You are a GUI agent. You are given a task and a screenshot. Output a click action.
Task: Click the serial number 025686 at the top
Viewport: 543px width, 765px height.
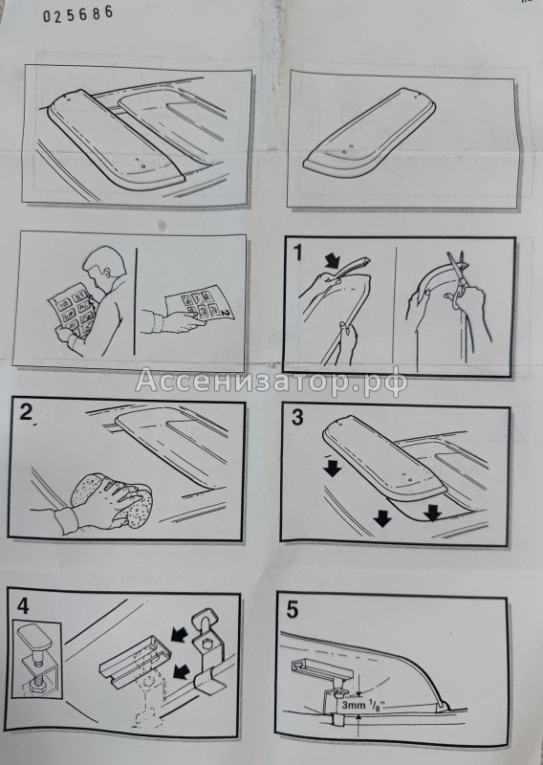tap(78, 13)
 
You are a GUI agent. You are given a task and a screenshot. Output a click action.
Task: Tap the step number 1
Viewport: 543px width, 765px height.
tap(297, 252)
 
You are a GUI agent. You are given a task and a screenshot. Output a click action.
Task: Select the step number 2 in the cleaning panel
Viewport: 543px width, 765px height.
tap(26, 412)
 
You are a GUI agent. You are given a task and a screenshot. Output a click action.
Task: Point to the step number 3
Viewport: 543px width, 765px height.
tap(297, 418)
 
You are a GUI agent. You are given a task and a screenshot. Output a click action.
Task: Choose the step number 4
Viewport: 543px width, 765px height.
tap(23, 606)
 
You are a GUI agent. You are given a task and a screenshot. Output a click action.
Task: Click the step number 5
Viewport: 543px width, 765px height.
tap(292, 610)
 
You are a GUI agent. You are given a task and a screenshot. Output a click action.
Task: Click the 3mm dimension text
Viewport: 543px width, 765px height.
tap(352, 705)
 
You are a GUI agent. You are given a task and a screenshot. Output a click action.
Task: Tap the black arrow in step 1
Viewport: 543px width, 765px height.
tap(335, 260)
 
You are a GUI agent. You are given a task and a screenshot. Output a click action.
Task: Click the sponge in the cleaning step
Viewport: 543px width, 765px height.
tap(111, 498)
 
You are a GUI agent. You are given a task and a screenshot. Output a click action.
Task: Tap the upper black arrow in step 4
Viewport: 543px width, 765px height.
tap(179, 635)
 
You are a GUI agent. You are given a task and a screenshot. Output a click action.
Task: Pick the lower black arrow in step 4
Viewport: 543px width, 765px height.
tap(181, 671)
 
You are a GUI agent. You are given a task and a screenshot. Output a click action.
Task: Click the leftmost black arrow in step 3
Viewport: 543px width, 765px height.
tap(333, 470)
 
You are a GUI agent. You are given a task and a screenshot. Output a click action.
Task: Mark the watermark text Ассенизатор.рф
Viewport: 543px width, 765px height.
tap(271, 381)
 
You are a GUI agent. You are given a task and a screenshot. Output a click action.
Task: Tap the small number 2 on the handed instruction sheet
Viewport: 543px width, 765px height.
tap(226, 310)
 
